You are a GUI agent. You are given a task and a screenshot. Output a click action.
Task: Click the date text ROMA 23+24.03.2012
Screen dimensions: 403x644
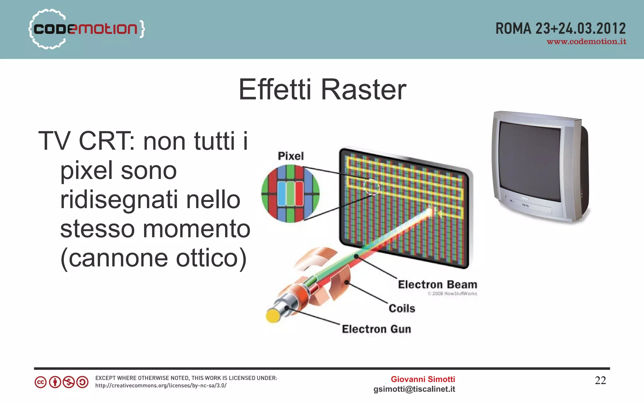point(560,29)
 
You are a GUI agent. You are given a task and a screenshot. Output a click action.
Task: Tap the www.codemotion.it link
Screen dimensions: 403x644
point(586,42)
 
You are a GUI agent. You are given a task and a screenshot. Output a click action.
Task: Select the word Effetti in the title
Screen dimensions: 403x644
point(275,90)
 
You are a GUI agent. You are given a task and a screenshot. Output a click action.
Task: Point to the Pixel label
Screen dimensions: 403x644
point(291,156)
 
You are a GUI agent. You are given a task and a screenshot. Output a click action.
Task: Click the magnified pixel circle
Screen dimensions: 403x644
point(290,193)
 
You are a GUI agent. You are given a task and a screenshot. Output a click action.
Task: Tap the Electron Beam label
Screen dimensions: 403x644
point(437,284)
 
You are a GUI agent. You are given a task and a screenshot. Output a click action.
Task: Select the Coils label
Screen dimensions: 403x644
point(402,308)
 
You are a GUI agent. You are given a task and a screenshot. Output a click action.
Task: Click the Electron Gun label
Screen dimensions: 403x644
point(376,329)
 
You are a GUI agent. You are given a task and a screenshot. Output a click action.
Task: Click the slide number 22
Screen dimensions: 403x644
point(600,380)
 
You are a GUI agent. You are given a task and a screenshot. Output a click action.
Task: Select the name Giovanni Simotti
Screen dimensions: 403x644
point(423,379)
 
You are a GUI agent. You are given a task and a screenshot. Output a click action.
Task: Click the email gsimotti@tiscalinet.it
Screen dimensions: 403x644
point(414,389)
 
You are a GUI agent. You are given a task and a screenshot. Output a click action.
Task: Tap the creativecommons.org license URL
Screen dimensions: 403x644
point(161,386)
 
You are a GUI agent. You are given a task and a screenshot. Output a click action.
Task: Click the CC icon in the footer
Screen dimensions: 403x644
point(41,382)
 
